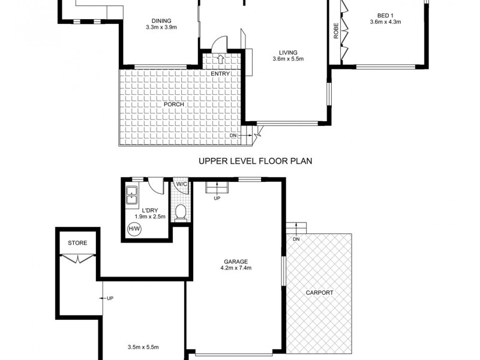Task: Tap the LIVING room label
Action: (288, 52)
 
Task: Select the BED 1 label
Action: (385, 16)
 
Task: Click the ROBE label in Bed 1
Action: (336, 31)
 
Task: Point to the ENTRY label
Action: (220, 74)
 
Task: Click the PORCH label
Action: (173, 104)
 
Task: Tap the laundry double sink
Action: (133, 194)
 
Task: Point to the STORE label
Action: (77, 243)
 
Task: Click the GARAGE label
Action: (236, 261)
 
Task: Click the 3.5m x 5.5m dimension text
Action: (143, 347)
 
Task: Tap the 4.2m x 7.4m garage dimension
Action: (236, 268)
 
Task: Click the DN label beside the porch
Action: (233, 136)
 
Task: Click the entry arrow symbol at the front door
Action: (220, 59)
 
